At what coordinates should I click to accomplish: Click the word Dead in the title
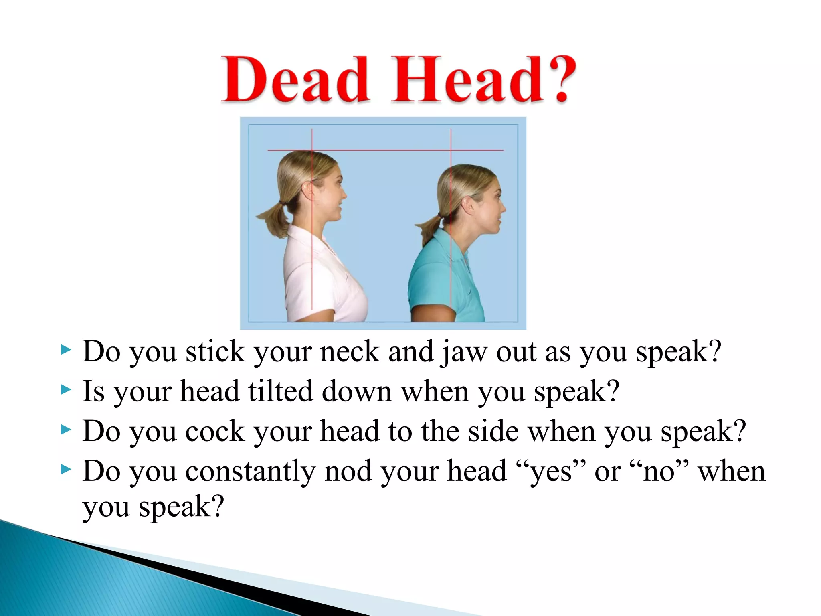295,80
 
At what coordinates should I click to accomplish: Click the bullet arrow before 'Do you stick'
65,350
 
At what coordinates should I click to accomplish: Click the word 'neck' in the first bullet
350,351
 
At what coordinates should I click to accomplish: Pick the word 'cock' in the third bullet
215,432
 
